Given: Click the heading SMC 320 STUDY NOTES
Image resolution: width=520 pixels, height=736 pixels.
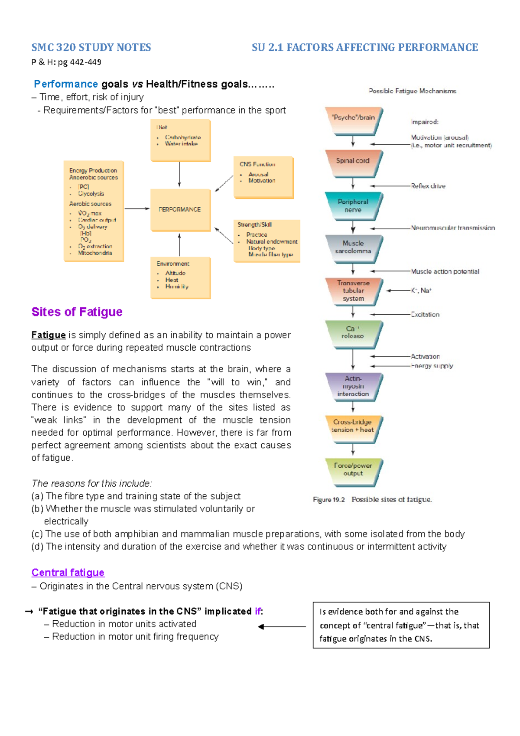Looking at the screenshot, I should (x=91, y=47).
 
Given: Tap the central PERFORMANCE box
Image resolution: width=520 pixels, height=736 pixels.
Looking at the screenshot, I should (x=180, y=210).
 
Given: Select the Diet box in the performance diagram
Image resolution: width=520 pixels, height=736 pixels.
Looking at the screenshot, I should (x=180, y=140).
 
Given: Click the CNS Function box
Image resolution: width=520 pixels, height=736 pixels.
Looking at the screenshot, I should (x=263, y=177).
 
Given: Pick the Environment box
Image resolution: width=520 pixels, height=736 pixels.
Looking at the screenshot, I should (x=180, y=277).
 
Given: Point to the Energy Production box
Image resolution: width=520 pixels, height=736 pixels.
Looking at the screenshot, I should (x=94, y=211).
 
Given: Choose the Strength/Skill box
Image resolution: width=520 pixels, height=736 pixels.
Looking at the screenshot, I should (x=266, y=241).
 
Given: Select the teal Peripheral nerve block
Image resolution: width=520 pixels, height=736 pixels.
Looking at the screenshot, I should (x=353, y=206).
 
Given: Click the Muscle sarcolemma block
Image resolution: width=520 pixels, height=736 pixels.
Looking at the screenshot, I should (x=353, y=248).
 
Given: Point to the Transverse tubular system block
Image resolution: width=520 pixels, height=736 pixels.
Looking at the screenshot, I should (x=353, y=291).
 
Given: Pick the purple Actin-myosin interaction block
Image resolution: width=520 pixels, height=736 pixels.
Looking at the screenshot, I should (x=353, y=387).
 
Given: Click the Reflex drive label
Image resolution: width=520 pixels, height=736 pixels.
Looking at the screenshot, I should (x=428, y=186).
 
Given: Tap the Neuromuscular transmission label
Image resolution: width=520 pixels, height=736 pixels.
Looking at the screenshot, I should (x=453, y=228).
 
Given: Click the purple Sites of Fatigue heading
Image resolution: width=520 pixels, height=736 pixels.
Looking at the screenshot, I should (x=77, y=312).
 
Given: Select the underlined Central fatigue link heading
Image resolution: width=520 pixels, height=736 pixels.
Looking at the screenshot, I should (x=68, y=573).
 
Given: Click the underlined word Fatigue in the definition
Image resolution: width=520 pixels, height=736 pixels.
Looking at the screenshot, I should (x=49, y=335).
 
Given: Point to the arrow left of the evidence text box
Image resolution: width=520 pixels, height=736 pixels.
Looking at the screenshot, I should (x=282, y=626).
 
